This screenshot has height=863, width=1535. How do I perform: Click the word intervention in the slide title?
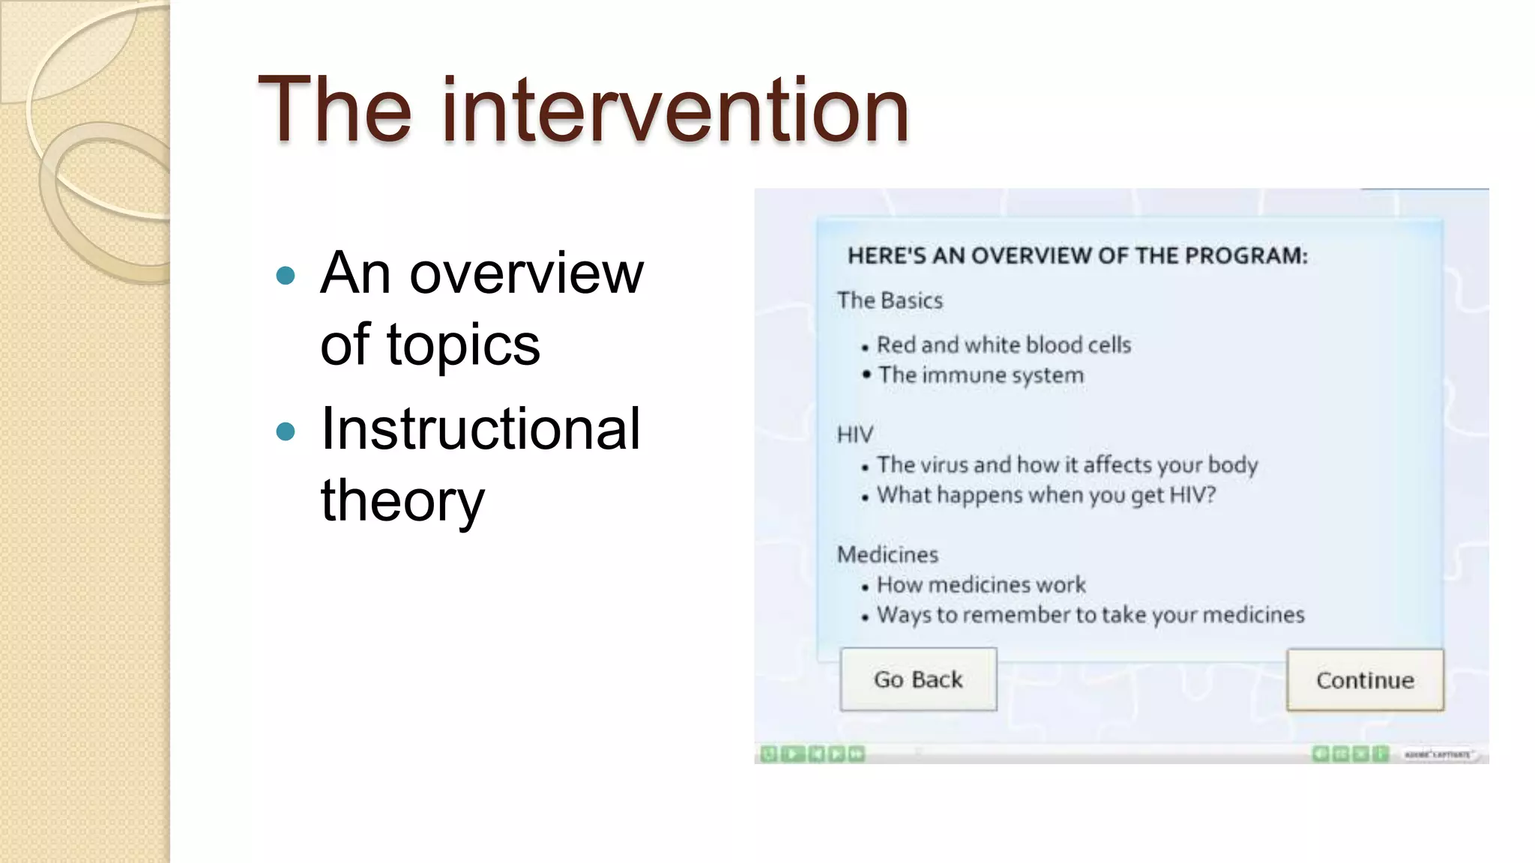[x=675, y=111]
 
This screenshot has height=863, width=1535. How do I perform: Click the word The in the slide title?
[x=334, y=111]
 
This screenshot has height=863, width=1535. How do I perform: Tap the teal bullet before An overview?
[x=286, y=276]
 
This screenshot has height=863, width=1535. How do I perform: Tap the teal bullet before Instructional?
[x=286, y=431]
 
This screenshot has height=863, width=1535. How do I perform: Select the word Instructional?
[x=480, y=429]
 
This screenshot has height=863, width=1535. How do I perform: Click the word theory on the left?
[x=402, y=500]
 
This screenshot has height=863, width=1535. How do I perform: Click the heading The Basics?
[x=890, y=300]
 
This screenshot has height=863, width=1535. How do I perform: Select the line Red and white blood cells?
[x=1004, y=345]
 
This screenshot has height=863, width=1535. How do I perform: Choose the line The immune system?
[x=980, y=375]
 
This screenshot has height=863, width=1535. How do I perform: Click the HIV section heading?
[x=855, y=434]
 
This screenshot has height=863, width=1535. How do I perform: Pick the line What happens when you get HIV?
[x=1046, y=494]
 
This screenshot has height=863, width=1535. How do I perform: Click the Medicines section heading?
[x=887, y=554]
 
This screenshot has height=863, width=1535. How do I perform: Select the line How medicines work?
[x=980, y=584]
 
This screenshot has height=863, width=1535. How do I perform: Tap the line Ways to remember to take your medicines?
[x=1090, y=614]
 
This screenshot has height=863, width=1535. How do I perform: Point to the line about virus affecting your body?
[x=1067, y=464]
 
